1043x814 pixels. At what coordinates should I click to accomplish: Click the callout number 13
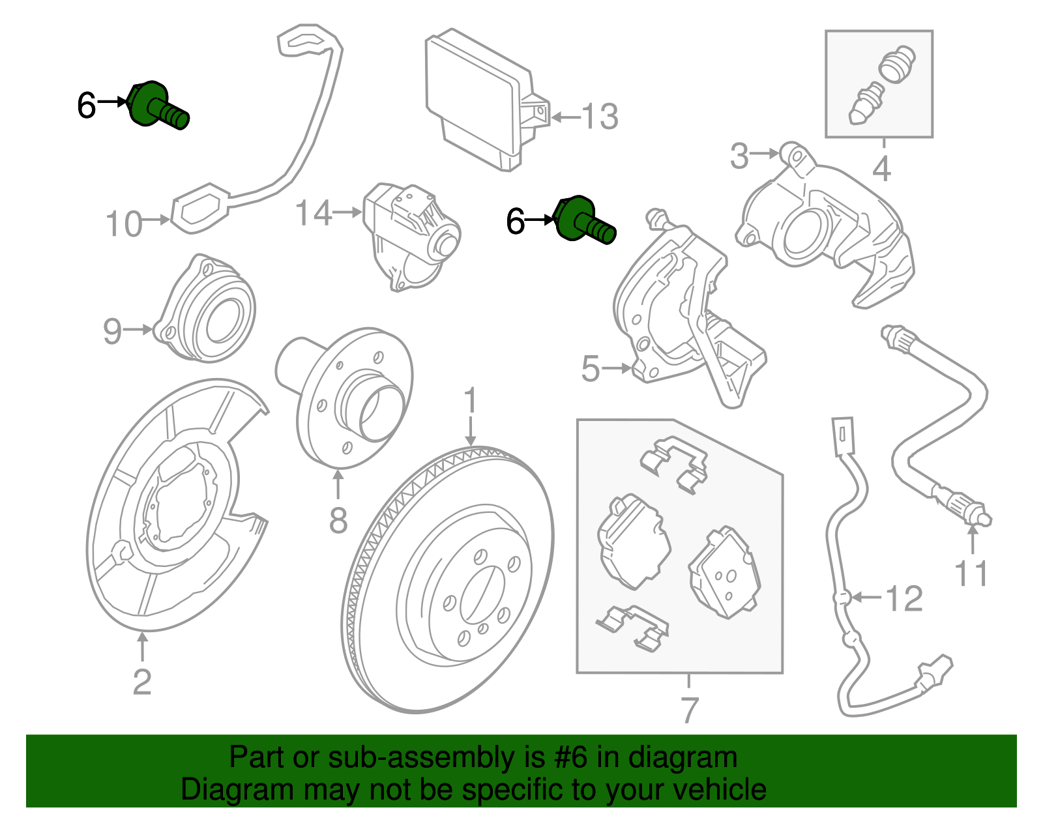599,117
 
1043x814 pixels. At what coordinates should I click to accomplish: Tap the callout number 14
314,213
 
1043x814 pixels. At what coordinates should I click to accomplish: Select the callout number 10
123,224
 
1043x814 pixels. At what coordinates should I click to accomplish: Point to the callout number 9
112,331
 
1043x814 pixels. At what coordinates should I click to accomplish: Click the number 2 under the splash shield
142,682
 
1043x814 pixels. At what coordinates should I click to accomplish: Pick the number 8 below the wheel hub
338,521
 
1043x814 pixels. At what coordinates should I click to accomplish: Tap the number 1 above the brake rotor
471,401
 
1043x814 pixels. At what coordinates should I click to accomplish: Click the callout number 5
590,370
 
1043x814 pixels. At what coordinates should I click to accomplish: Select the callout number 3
739,156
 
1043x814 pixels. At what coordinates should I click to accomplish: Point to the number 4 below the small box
881,169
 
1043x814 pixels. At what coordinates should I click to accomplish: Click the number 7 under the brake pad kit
689,710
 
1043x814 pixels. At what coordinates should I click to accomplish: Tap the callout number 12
905,598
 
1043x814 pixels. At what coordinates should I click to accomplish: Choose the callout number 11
971,574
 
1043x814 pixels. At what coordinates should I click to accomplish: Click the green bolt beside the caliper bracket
584,221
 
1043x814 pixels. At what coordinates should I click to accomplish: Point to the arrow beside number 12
866,596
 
